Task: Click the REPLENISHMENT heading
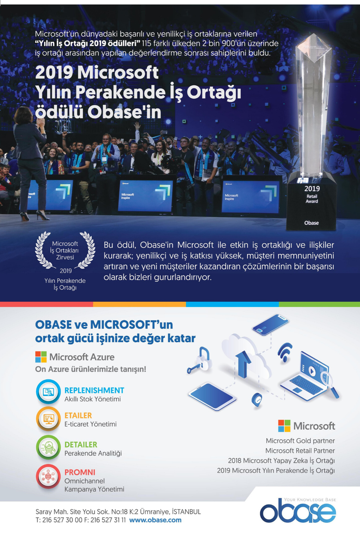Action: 94,390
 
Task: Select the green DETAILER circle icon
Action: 48,447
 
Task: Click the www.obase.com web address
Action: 155,520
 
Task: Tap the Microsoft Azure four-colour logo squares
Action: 41,357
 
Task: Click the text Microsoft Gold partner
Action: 300,441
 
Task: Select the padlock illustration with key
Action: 200,360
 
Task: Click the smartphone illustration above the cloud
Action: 270,324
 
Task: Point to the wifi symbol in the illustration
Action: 285,352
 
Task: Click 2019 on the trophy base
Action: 312,189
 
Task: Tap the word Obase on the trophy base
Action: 311,223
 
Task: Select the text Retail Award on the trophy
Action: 312,199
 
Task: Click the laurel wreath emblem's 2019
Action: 66,271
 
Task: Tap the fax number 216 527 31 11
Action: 108,520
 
